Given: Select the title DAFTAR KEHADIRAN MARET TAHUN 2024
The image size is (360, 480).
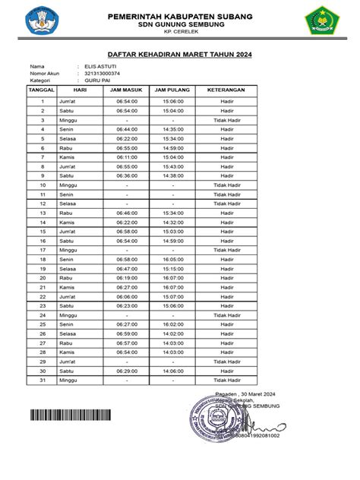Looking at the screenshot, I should click(179, 55).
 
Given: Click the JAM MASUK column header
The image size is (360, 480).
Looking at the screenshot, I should click(127, 90).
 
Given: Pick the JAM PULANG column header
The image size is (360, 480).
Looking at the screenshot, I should click(172, 90).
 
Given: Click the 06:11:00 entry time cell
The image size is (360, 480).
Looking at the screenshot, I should click(127, 156).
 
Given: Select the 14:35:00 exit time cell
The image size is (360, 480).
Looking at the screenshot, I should click(172, 129).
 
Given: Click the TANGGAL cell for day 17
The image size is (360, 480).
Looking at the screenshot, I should click(43, 249).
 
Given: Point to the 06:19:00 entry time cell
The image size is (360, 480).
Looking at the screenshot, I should click(127, 277).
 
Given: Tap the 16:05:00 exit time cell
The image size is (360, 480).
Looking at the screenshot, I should click(172, 259).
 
